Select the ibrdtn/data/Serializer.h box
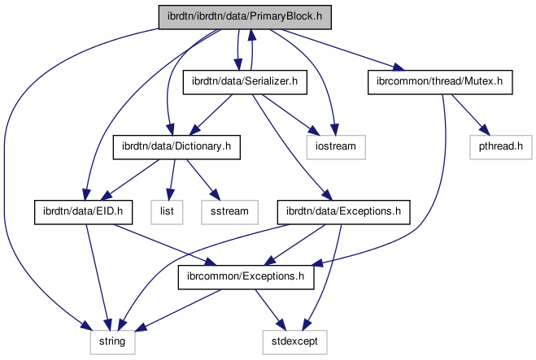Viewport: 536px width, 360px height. click(243, 81)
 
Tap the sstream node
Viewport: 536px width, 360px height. click(234, 212)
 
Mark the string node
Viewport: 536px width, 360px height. click(111, 342)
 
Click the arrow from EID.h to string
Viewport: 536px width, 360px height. click(97, 276)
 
